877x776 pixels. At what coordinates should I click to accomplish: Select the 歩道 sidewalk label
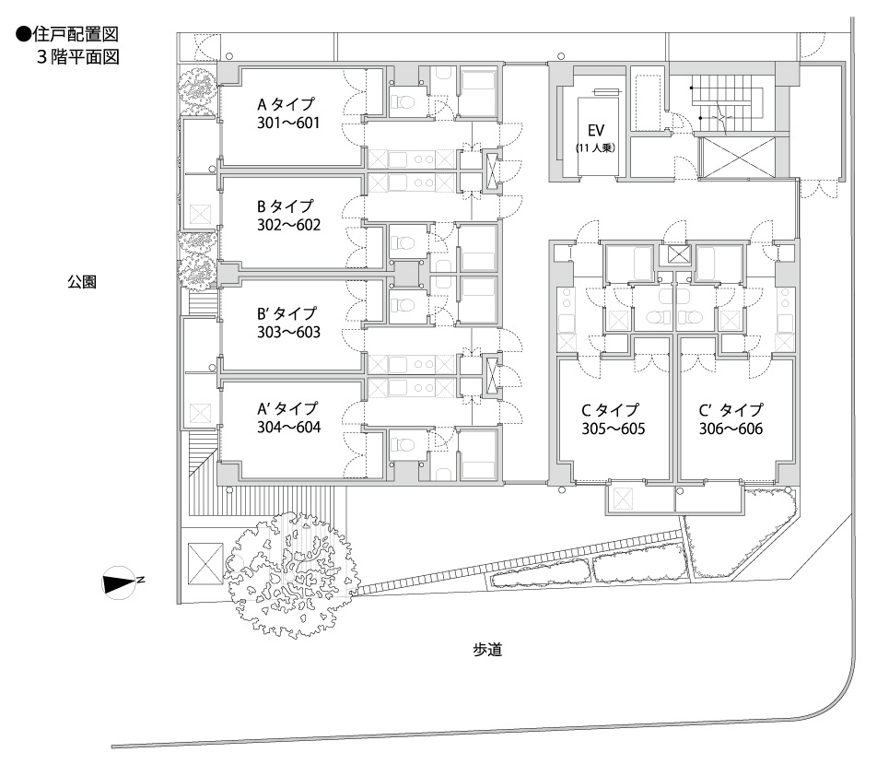pyautogui.click(x=487, y=650)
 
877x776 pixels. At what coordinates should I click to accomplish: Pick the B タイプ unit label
pyautogui.click(x=286, y=206)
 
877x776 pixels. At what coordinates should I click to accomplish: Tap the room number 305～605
pyautogui.click(x=613, y=428)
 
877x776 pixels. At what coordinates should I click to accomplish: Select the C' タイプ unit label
pyautogui.click(x=731, y=410)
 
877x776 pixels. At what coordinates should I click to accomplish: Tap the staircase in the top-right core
pyautogui.click(x=728, y=100)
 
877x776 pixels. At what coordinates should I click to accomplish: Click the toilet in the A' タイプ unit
pyautogui.click(x=402, y=446)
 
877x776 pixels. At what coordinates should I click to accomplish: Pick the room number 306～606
pyautogui.click(x=731, y=428)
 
